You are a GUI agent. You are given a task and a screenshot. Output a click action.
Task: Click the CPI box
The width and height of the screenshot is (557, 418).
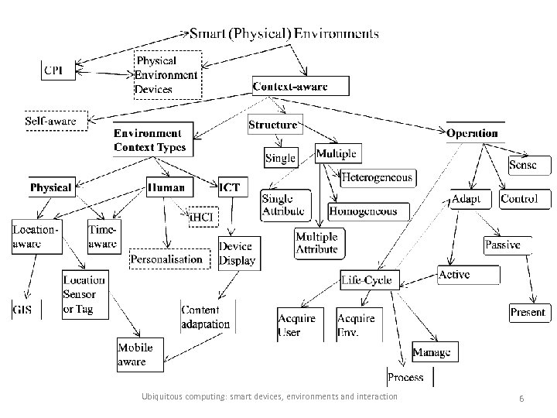[x=56, y=70]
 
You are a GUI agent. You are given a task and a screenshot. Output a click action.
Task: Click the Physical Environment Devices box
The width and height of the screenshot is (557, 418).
[x=167, y=74]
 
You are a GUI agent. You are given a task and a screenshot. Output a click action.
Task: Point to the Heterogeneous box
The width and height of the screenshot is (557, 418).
[x=378, y=177]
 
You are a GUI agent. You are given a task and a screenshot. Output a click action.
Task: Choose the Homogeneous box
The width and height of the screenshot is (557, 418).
[x=363, y=211]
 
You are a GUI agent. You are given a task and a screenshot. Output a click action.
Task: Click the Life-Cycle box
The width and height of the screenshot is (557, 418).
[x=367, y=279]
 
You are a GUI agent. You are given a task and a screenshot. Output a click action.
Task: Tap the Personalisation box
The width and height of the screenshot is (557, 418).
[x=166, y=259]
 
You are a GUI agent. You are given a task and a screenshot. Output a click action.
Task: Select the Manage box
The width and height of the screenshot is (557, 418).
[x=431, y=352]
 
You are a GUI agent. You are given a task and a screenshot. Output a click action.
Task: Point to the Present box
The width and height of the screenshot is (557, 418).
[x=528, y=313]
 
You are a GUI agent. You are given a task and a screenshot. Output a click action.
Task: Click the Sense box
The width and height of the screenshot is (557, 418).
[x=522, y=165]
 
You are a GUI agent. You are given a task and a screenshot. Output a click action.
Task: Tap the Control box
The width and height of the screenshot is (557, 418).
[x=519, y=199]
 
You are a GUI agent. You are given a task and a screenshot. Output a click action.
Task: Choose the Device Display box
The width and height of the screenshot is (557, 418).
[x=236, y=253]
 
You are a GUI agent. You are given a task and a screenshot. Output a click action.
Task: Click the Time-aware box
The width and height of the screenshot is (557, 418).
[x=103, y=236]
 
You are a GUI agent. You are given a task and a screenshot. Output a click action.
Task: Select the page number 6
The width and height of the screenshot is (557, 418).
[x=522, y=397]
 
